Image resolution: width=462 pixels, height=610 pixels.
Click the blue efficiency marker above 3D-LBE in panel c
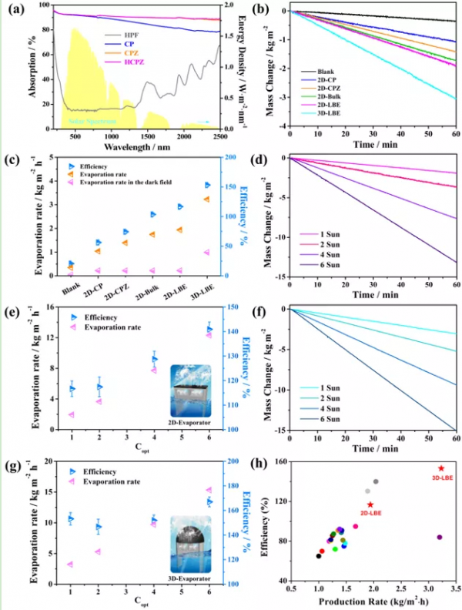[207, 185]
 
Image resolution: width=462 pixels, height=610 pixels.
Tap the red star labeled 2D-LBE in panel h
[370, 504]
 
